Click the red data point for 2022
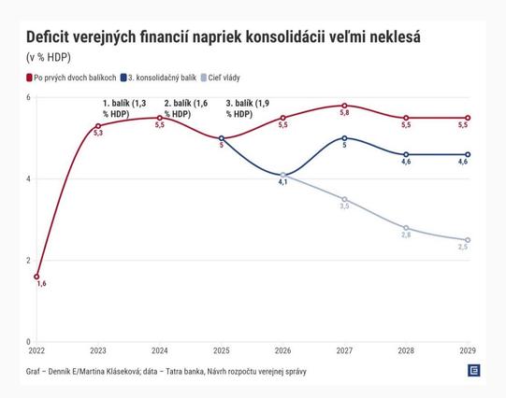tap(36, 277)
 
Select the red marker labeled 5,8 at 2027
tap(344, 106)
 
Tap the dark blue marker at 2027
tap(344, 138)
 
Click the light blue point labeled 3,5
tap(344, 199)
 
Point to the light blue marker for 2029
tap(468, 240)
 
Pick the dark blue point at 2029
tap(468, 154)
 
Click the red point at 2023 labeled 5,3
tap(98, 126)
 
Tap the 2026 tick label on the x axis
tap(282, 351)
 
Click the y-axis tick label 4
tap(28, 178)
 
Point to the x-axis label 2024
tap(160, 351)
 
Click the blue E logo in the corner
tap(474, 371)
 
